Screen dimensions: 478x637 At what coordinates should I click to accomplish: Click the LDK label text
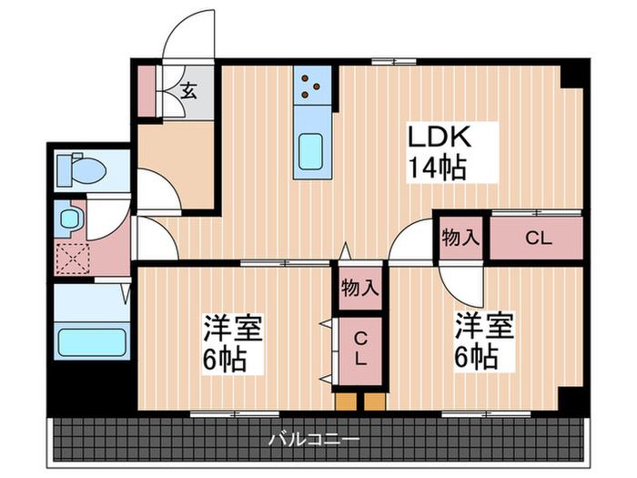pyautogui.click(x=438, y=138)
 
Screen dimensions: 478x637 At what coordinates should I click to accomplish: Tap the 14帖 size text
pyautogui.click(x=438, y=168)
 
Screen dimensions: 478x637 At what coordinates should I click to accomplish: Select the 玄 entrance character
pyautogui.click(x=188, y=90)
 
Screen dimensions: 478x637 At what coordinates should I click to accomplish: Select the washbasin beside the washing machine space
pyautogui.click(x=69, y=219)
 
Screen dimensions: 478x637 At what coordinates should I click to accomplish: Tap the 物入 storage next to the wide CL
pyautogui.click(x=460, y=239)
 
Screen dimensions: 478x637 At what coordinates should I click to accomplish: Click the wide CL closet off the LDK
pyautogui.click(x=537, y=239)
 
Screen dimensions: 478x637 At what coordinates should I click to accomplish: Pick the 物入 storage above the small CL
pyautogui.click(x=359, y=289)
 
